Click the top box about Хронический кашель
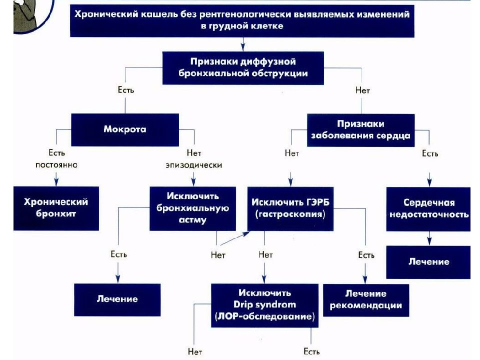[x=242, y=20]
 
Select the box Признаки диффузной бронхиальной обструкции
[x=243, y=67]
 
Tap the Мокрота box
[x=125, y=129]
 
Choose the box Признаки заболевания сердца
[x=360, y=130]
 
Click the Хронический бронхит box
[x=56, y=208]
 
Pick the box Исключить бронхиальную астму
[x=192, y=208]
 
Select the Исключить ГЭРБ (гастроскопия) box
[x=290, y=208]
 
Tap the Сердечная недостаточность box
[x=428, y=209]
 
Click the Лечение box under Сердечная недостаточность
[x=428, y=262]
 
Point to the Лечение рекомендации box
[x=366, y=300]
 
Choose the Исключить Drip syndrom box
[x=264, y=305]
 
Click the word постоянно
[x=56, y=165]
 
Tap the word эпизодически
[x=194, y=165]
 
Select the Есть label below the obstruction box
[x=126, y=90]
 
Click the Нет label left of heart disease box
[x=291, y=153]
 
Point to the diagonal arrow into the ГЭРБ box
[x=235, y=238]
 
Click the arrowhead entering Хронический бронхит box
[x=56, y=182]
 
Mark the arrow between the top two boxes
[x=243, y=44]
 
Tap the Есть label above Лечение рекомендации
[x=366, y=255]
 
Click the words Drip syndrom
[x=264, y=305]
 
